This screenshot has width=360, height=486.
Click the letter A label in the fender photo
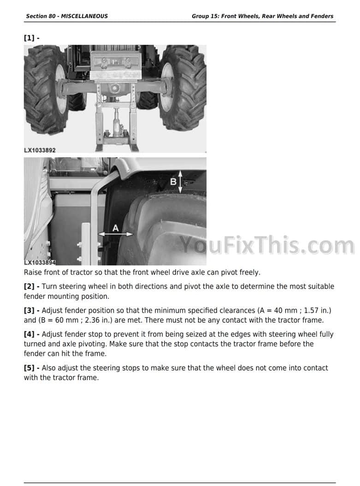click(x=116, y=228)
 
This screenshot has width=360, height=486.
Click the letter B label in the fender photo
click(x=173, y=181)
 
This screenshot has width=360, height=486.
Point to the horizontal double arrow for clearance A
click(x=116, y=234)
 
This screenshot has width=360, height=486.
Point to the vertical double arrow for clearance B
click(x=180, y=181)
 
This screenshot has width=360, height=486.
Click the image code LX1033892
click(x=40, y=150)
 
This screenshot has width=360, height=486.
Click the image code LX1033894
click(x=40, y=262)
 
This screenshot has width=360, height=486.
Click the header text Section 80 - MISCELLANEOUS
click(x=67, y=16)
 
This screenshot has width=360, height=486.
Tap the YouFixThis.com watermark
click(x=267, y=245)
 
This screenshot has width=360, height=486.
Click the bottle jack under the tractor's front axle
click(x=116, y=124)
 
